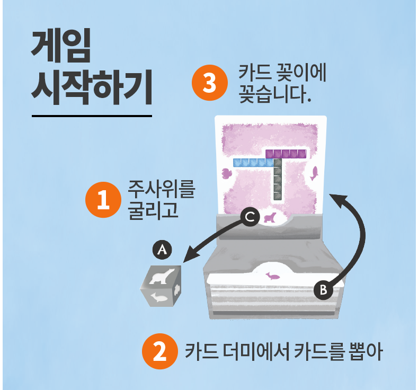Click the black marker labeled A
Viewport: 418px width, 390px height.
[x=163, y=249]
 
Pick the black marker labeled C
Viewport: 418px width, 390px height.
[x=251, y=216]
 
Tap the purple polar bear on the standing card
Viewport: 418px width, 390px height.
[x=270, y=217]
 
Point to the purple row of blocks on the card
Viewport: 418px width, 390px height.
[x=286, y=154]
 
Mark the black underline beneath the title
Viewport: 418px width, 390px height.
[x=92, y=115]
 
